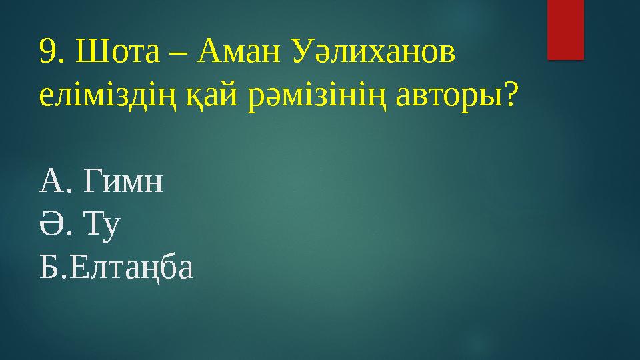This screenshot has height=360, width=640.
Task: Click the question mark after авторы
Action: (x=509, y=97)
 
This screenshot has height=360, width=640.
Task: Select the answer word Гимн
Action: (x=123, y=181)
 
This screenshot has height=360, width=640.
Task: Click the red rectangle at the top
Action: (x=565, y=29)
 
